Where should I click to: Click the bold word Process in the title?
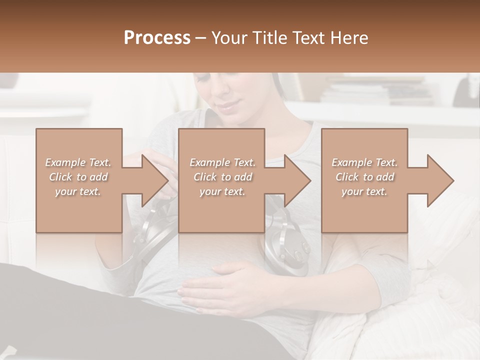[x=157, y=38]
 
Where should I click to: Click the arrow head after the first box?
[x=155, y=180]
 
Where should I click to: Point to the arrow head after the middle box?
[x=297, y=180]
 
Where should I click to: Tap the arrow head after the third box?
[x=440, y=180]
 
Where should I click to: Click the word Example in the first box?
[x=65, y=162]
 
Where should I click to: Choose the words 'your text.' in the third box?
[x=364, y=191]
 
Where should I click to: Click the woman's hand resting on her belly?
[x=220, y=290]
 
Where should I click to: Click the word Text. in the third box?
[x=385, y=162]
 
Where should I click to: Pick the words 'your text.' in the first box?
[x=77, y=191]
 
